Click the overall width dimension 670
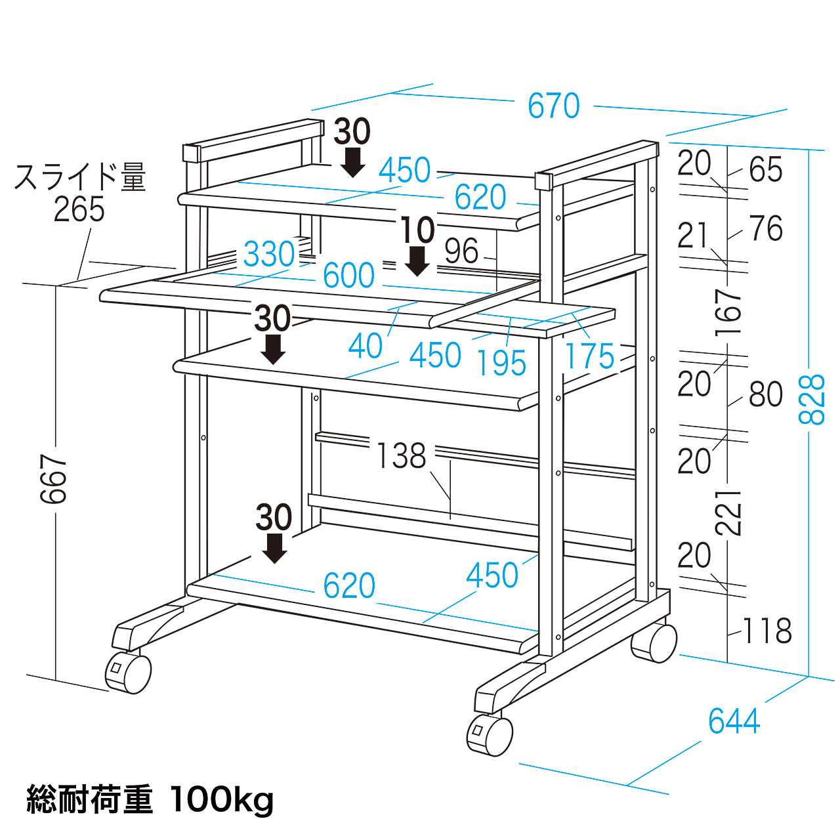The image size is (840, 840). pyautogui.click(x=554, y=106)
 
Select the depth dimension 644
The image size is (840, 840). pyautogui.click(x=734, y=721)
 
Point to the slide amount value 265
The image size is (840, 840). pyautogui.click(x=79, y=210)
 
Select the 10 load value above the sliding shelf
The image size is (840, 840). pyautogui.click(x=417, y=230)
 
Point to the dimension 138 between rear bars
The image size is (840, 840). pyautogui.click(x=402, y=455)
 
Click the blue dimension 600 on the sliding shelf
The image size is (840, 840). pyautogui.click(x=348, y=276)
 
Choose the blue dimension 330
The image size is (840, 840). pyautogui.click(x=269, y=254)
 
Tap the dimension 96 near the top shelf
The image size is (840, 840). pyautogui.click(x=461, y=251)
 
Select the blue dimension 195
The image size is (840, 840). pyautogui.click(x=501, y=362)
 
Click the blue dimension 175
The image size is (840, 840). pyautogui.click(x=589, y=356)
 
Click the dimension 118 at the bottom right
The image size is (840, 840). pyautogui.click(x=767, y=631)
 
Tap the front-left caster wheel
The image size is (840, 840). pyautogui.click(x=128, y=672)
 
